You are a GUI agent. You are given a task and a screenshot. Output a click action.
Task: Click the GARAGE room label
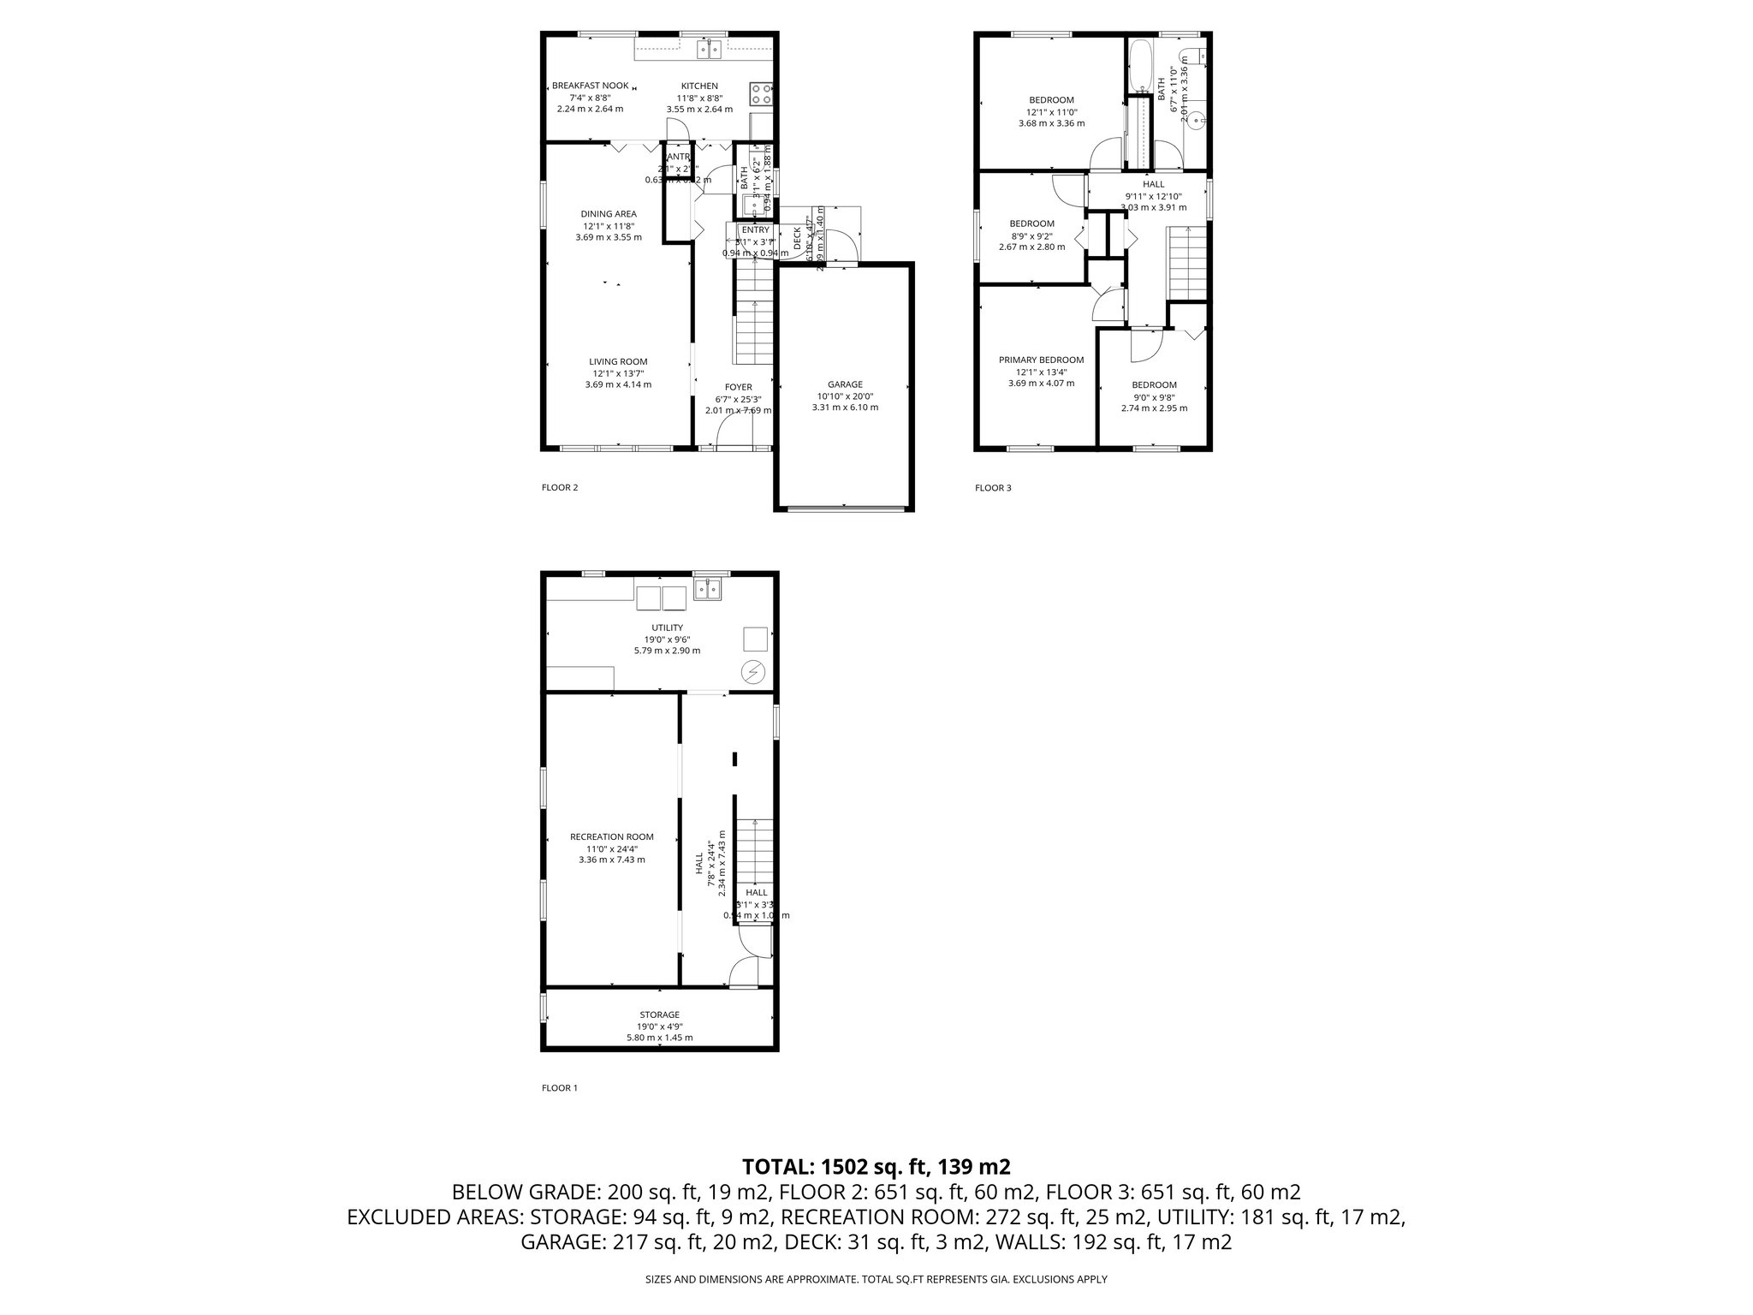point(845,384)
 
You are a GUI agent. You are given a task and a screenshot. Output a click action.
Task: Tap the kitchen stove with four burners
point(760,93)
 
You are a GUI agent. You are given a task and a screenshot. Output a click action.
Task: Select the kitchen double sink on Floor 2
point(710,50)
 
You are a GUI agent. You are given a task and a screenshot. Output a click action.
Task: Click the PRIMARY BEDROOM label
point(1041,360)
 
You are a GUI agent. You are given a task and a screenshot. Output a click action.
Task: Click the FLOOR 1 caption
point(560,1088)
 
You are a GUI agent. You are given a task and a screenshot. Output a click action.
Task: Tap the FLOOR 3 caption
point(993,488)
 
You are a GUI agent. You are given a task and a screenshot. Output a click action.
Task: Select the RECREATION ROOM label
point(612,836)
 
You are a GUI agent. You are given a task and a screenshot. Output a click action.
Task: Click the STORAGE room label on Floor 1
point(659,1015)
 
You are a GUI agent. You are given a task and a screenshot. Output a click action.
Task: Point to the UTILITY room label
point(667,628)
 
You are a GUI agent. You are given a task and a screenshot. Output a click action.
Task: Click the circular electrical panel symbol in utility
point(753,673)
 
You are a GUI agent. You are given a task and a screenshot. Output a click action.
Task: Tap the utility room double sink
point(707,589)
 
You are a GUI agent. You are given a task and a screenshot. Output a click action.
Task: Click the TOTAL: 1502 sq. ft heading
point(876,1166)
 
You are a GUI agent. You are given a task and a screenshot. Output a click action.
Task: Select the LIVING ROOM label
point(618,361)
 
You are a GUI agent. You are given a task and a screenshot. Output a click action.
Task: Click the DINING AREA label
point(609,214)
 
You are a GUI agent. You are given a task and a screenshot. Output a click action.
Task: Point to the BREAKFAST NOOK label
point(591,86)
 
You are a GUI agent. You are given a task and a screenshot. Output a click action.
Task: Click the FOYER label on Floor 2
point(738,387)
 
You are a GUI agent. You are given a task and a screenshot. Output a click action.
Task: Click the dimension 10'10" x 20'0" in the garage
point(845,396)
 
